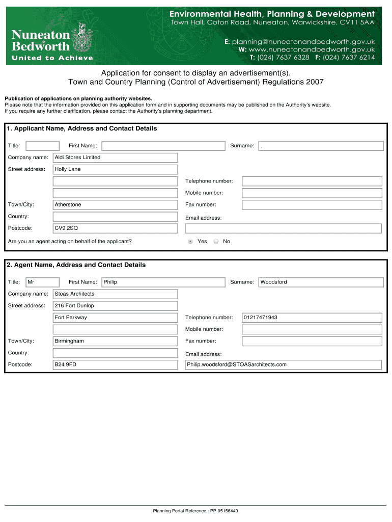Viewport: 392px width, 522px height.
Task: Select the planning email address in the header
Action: coord(303,41)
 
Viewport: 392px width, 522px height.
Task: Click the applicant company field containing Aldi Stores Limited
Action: coord(115,158)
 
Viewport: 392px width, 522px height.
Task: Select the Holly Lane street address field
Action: coord(115,169)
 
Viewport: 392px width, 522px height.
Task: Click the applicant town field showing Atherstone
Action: coord(115,204)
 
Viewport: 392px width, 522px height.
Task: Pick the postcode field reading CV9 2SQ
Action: coord(115,228)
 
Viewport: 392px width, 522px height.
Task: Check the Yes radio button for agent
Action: coord(190,241)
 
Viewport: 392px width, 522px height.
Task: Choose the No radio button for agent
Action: coord(216,241)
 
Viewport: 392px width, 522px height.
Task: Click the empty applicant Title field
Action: coord(42,146)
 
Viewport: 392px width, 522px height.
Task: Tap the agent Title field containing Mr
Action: coord(42,282)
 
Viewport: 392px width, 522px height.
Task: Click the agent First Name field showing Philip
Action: coord(163,282)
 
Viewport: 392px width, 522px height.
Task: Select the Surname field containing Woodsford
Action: coord(321,282)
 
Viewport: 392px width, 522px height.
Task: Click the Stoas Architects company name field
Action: coord(115,294)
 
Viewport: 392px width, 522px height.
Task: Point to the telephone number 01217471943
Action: coord(312,318)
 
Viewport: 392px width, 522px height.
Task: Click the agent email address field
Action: coord(283,364)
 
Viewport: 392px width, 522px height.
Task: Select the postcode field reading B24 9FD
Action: coord(115,364)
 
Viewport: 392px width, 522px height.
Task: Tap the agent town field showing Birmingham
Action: coord(115,341)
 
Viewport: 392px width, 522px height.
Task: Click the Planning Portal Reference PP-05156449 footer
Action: coord(195,511)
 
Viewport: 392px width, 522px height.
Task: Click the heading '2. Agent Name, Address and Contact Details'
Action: coord(76,265)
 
